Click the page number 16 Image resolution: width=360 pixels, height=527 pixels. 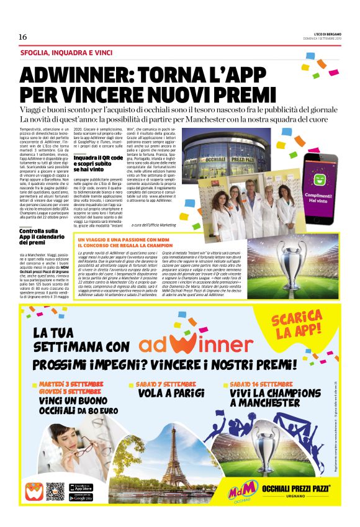coord(22,37)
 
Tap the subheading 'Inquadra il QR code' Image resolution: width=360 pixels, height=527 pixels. coord(96,163)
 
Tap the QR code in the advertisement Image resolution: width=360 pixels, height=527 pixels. coord(55,492)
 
